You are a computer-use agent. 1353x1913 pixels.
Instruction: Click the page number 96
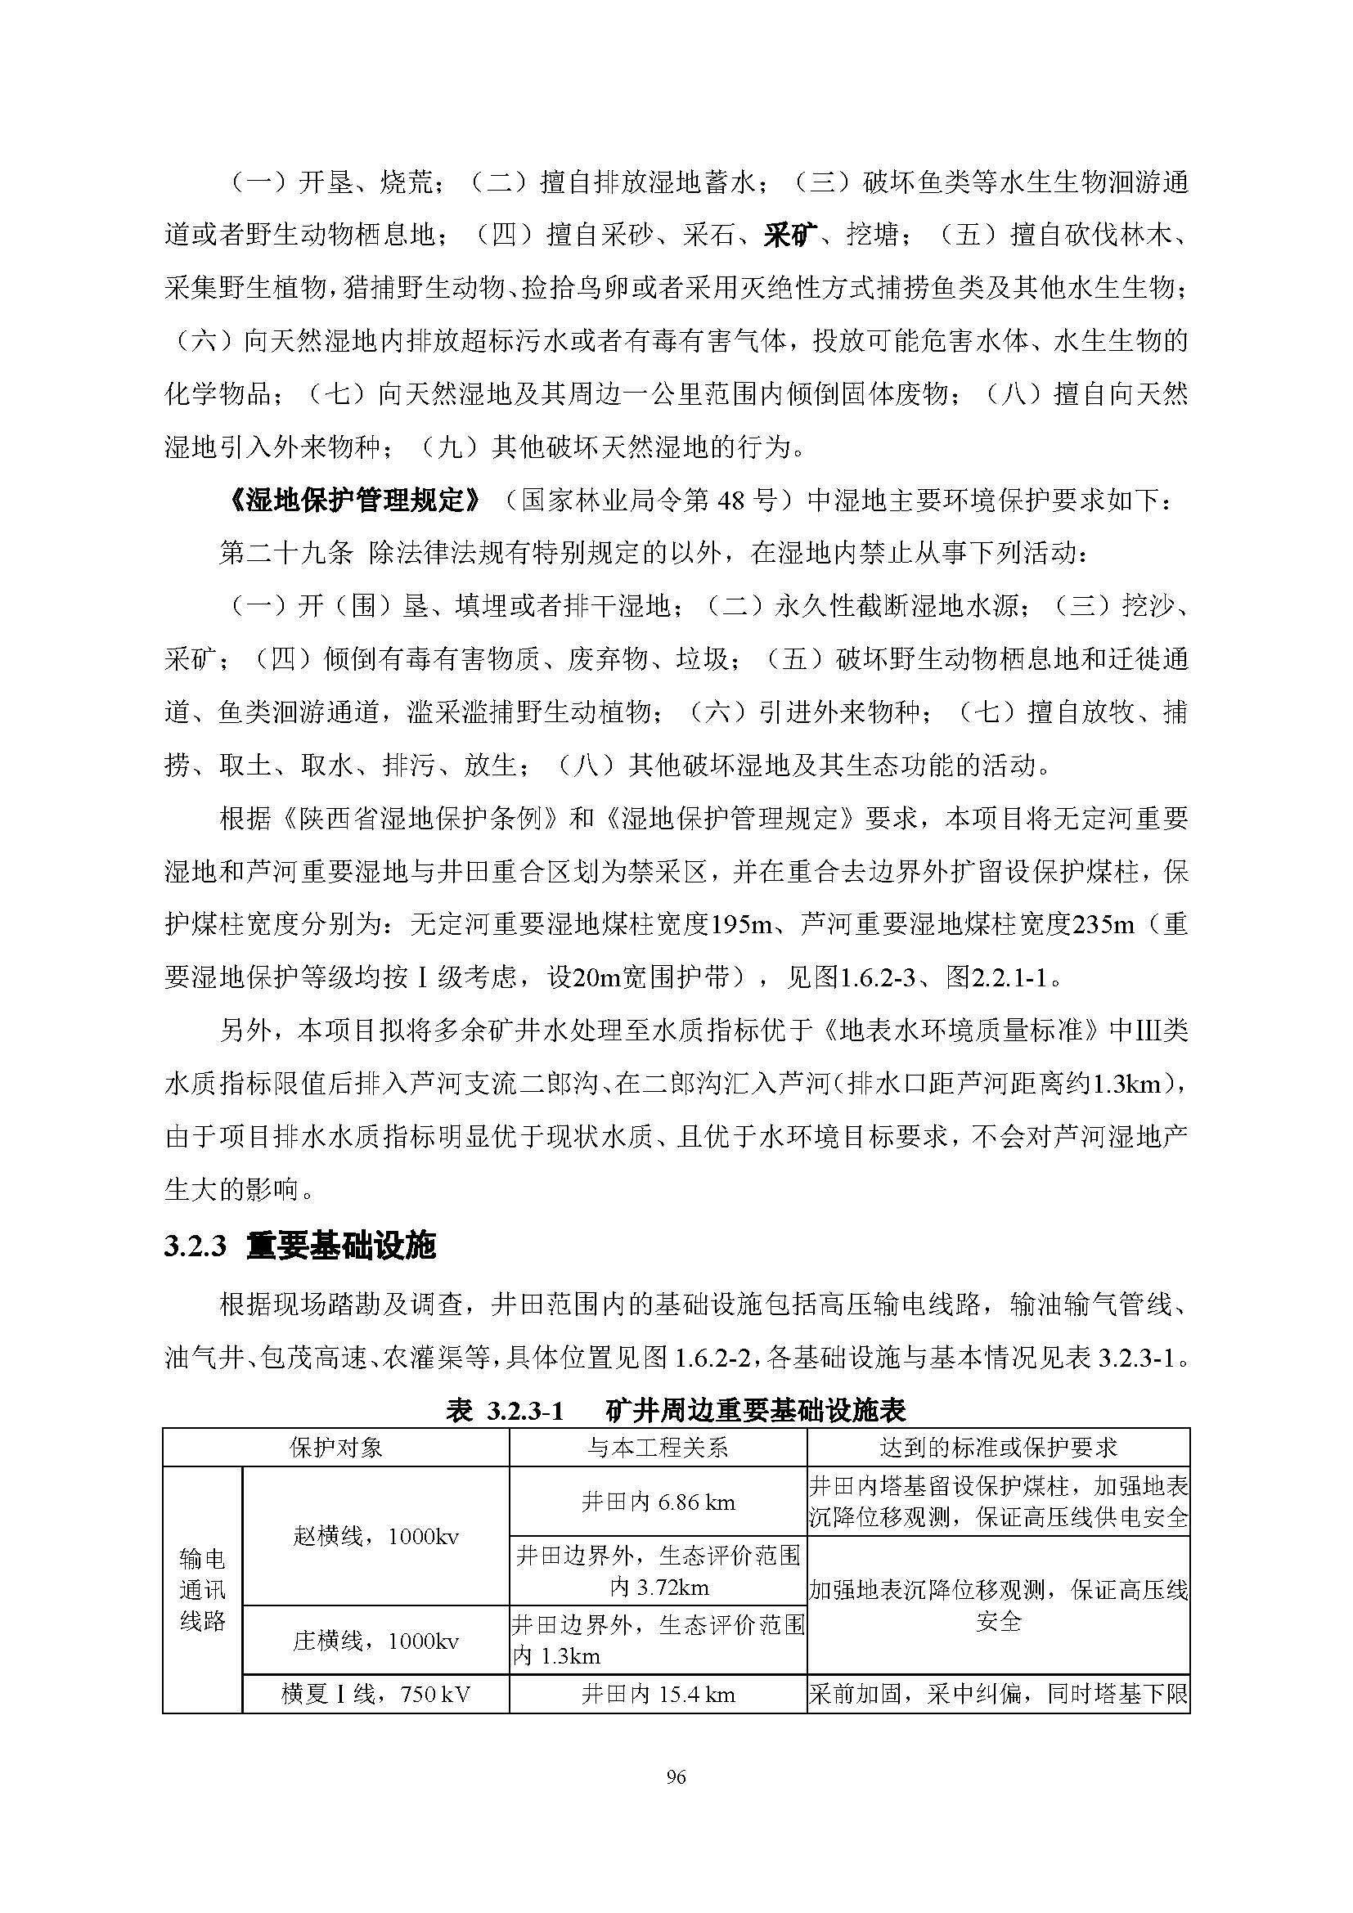tap(676, 1777)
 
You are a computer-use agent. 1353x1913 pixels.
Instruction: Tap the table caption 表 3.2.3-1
tap(506, 1411)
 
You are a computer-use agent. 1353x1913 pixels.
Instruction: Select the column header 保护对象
tap(335, 1448)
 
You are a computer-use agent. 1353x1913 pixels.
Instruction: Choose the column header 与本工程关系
tap(658, 1448)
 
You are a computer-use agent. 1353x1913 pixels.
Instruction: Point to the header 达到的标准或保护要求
tap(998, 1448)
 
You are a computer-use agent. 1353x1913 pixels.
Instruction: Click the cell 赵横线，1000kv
tap(375, 1537)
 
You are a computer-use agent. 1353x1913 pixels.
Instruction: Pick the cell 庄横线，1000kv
tap(375, 1641)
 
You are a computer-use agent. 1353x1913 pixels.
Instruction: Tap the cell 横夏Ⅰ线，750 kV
tap(375, 1694)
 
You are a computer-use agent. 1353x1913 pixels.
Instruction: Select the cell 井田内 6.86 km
tap(658, 1502)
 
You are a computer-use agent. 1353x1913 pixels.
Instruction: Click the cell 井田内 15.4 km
tap(658, 1694)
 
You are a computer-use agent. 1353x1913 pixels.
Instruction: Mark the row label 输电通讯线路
tap(202, 1590)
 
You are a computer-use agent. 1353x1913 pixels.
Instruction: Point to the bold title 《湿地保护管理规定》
tap(353, 501)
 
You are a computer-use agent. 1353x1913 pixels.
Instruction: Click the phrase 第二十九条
tap(285, 553)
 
